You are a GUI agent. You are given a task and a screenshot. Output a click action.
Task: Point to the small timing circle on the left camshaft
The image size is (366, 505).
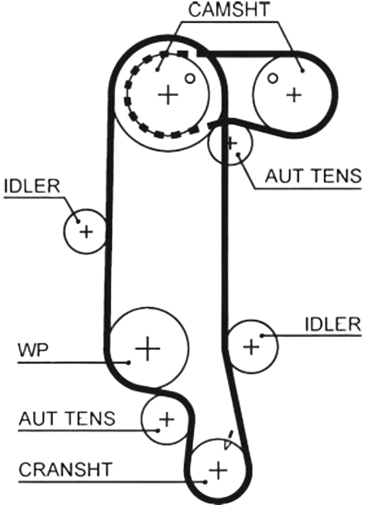point(190,79)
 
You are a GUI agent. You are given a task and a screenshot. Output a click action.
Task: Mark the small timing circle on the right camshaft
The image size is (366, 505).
point(272,78)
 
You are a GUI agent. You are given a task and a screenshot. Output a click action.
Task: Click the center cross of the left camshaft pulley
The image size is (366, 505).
point(168,94)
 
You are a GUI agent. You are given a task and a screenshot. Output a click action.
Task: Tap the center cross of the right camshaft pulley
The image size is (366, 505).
point(294,95)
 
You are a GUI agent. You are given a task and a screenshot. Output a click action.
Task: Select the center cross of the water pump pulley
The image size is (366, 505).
point(147,348)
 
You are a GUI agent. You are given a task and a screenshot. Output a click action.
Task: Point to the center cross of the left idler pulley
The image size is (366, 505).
point(86,231)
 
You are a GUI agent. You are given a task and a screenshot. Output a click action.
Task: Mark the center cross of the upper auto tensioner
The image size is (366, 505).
point(232,143)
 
